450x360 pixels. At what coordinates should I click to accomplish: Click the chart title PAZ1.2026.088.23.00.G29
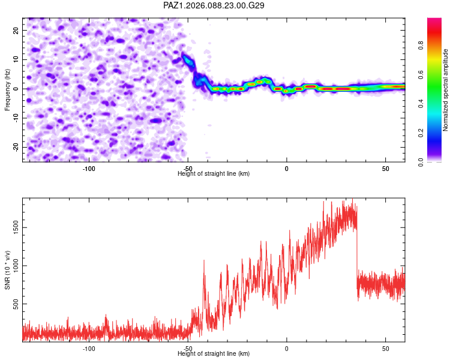point(214,5)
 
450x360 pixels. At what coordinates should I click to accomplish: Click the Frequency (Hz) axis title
point(7,89)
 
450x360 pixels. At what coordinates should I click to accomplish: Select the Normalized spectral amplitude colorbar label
point(445,90)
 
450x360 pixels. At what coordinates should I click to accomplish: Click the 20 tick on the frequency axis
point(16,30)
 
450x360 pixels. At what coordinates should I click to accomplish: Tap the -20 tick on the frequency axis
point(15,148)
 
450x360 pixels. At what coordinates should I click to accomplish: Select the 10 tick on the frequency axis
point(16,59)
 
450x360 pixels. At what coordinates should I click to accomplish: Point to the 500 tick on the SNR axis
point(14,304)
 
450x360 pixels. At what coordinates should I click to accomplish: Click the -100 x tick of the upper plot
point(89,167)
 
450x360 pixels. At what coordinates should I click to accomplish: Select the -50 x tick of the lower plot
point(187,349)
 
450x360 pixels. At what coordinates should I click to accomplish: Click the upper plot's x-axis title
point(214,174)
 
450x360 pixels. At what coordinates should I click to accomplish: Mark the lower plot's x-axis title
point(214,355)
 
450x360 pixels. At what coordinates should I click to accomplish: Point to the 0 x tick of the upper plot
point(287,167)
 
